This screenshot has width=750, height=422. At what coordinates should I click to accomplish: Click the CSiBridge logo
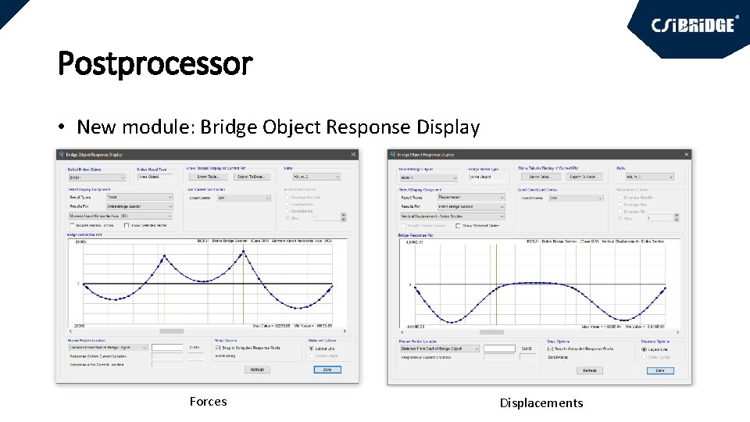[x=695, y=24]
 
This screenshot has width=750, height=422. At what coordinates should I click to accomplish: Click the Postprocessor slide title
[x=155, y=63]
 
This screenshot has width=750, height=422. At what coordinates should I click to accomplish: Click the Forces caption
[x=208, y=402]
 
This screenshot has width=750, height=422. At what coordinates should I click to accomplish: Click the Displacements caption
[x=541, y=403]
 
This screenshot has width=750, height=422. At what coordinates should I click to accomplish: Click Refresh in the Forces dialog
[x=257, y=369]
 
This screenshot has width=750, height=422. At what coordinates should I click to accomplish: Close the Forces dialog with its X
[x=353, y=155]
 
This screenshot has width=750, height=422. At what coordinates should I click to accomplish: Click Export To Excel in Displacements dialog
[x=585, y=177]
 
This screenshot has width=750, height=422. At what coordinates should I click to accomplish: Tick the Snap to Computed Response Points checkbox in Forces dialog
[x=217, y=348]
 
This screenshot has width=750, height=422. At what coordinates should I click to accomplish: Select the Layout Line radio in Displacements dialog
[x=644, y=349]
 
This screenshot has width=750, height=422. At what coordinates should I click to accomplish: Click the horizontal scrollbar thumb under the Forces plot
[x=170, y=331]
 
